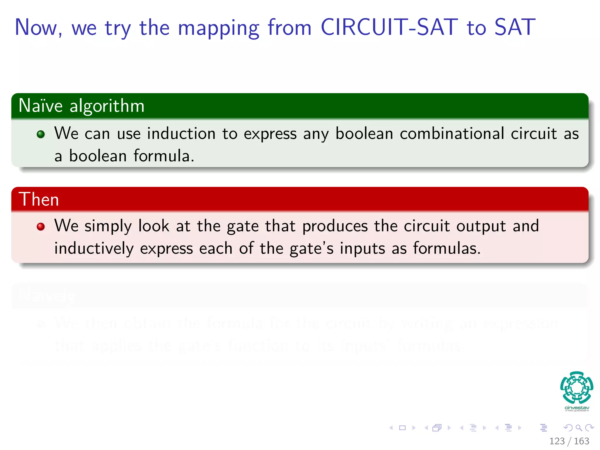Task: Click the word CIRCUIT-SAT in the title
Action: tap(389, 28)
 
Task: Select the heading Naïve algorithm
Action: tap(81, 106)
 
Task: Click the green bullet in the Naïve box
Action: tap(41, 134)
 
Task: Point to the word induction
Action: tap(181, 134)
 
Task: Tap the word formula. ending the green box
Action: tap(164, 156)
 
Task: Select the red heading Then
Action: tap(39, 200)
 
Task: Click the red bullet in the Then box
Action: tap(41, 226)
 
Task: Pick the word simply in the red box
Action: tap(108, 226)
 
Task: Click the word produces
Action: tap(335, 226)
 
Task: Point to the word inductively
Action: tap(94, 249)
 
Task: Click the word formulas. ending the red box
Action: tap(446, 249)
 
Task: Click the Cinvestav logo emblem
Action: tap(577, 387)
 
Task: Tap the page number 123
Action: tap(557, 441)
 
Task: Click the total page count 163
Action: tap(581, 441)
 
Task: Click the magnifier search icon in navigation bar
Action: tap(579, 428)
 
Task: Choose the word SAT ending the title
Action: tap(515, 28)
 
